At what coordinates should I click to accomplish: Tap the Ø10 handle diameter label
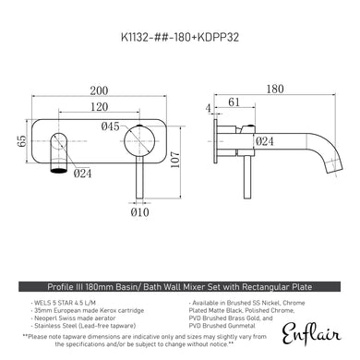coord(140,213)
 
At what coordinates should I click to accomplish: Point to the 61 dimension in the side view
coord(234,103)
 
